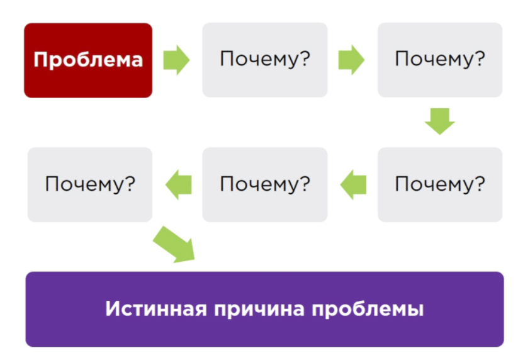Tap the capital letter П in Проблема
tap(40, 60)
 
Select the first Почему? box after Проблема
tap(264, 60)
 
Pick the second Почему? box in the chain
tap(439, 60)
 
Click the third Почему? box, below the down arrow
tap(439, 184)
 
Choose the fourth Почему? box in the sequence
tap(264, 184)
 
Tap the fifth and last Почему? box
tap(89, 184)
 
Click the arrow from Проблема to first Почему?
tap(176, 60)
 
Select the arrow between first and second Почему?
tap(351, 60)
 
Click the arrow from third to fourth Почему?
tap(352, 184)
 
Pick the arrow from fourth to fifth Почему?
tap(178, 184)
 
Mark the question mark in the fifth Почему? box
tap(130, 184)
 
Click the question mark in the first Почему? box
tap(305, 60)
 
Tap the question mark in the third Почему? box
tap(480, 184)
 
